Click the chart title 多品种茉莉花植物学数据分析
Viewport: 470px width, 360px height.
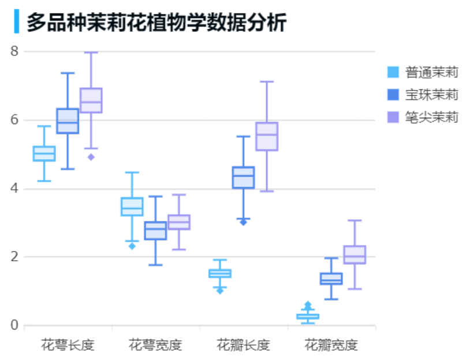[156, 22]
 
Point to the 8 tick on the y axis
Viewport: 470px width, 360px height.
[14, 51]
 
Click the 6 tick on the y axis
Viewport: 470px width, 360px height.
[14, 120]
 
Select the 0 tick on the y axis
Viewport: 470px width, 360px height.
[14, 325]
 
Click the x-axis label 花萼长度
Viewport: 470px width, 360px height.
[68, 346]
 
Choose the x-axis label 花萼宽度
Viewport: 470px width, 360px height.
[155, 346]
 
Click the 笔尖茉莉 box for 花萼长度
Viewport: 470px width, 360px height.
[91, 100]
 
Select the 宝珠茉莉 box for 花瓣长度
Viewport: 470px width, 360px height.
[243, 177]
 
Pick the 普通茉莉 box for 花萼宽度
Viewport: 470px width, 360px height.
[132, 207]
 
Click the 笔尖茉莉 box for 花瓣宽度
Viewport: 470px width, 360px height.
[355, 254]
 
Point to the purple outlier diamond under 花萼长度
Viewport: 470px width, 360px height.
[91, 157]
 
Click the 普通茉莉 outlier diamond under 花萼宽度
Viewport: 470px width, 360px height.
[132, 246]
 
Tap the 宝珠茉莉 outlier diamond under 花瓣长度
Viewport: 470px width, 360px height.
[243, 222]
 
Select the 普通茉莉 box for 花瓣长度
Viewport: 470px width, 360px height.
[220, 273]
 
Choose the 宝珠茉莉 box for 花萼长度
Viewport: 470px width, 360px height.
[68, 121]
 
